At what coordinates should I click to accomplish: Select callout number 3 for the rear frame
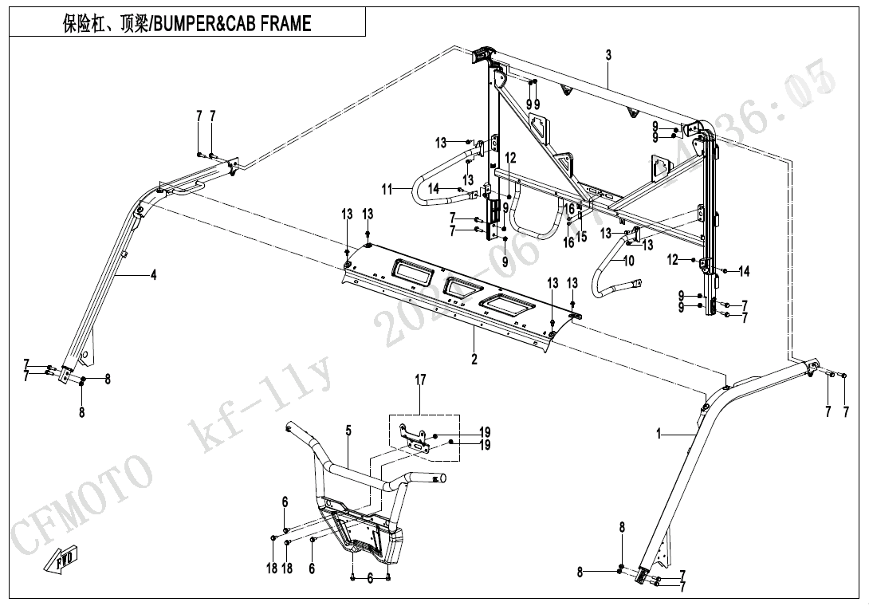coord(608,55)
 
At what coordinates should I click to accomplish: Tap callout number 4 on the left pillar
coord(153,275)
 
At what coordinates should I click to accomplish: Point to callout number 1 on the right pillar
coord(659,433)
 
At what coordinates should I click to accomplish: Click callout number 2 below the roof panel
coord(474,360)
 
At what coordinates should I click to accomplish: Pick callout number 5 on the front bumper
coord(348,431)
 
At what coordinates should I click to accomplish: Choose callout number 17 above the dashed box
coord(420,380)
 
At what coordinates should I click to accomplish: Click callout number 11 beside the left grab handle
coord(387,189)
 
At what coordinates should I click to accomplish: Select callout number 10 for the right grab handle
coord(629,261)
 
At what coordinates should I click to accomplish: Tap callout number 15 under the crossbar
coord(582,237)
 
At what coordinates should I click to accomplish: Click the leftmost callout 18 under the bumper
coord(272,569)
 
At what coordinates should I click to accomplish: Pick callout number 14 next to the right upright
coord(744,272)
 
